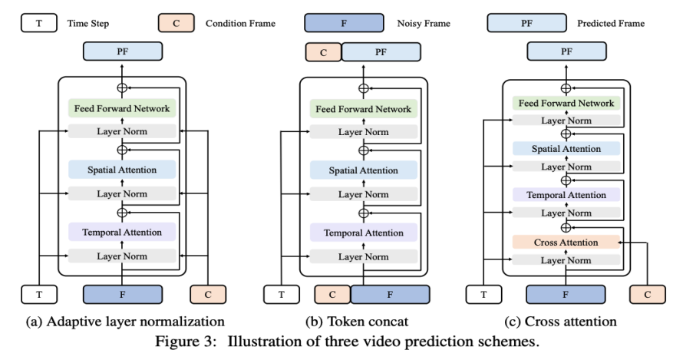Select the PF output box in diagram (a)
[x=121, y=52]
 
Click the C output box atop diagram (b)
[x=322, y=52]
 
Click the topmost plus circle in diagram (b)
[x=364, y=88]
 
